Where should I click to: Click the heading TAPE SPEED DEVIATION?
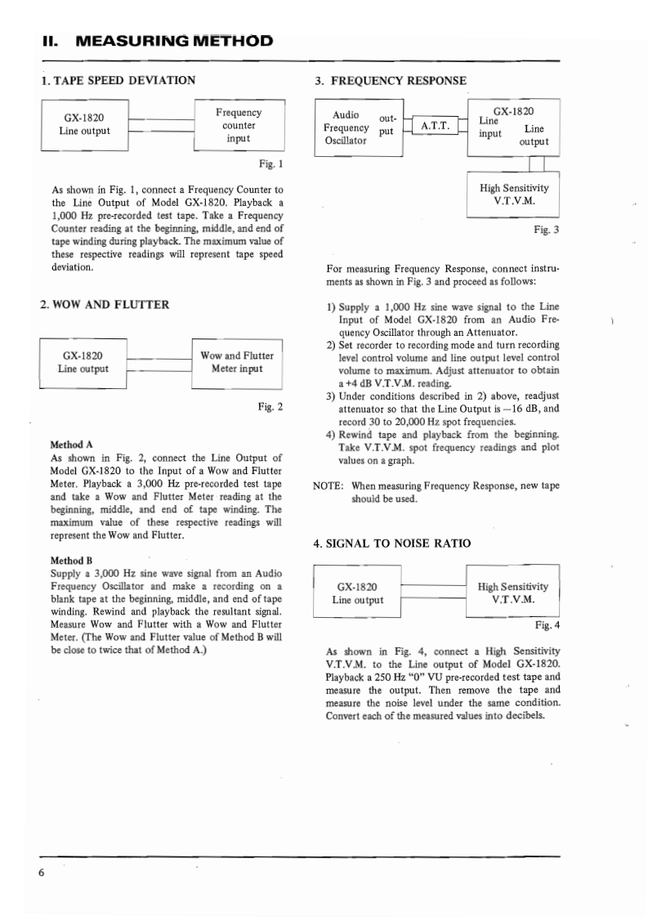(118, 80)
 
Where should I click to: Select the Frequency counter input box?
(238, 125)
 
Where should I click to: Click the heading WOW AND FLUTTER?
(105, 305)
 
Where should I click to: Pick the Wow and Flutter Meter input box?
(236, 362)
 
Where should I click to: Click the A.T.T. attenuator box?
(436, 127)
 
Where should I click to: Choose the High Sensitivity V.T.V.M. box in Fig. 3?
(513, 194)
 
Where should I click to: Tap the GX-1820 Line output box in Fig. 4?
(357, 594)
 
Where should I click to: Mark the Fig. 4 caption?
(547, 626)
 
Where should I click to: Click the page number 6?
(42, 872)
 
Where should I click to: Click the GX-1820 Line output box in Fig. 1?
(84, 124)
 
